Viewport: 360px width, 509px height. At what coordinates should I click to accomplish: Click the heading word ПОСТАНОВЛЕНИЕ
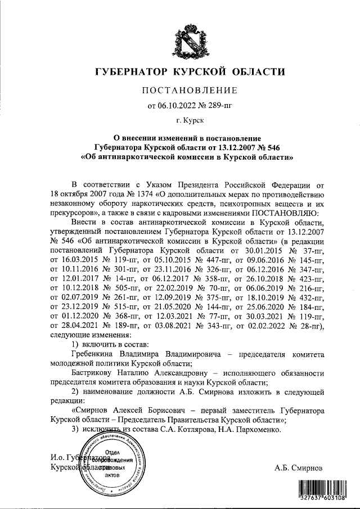pos(190,90)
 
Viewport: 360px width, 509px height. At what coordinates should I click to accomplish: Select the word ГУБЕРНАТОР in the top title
pos(131,72)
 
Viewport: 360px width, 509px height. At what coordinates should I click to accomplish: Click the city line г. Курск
pos(190,120)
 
